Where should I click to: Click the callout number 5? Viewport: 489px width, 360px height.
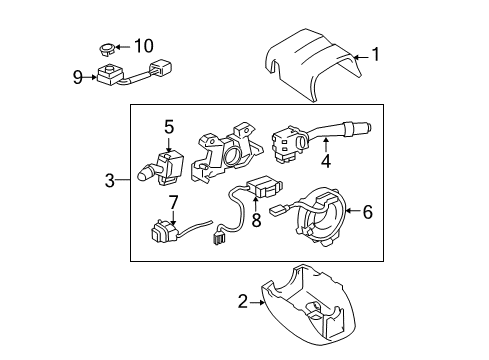168,126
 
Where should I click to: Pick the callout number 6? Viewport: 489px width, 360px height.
366,211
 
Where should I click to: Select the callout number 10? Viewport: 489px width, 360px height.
145,46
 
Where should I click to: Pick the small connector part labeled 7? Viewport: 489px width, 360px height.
161,236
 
